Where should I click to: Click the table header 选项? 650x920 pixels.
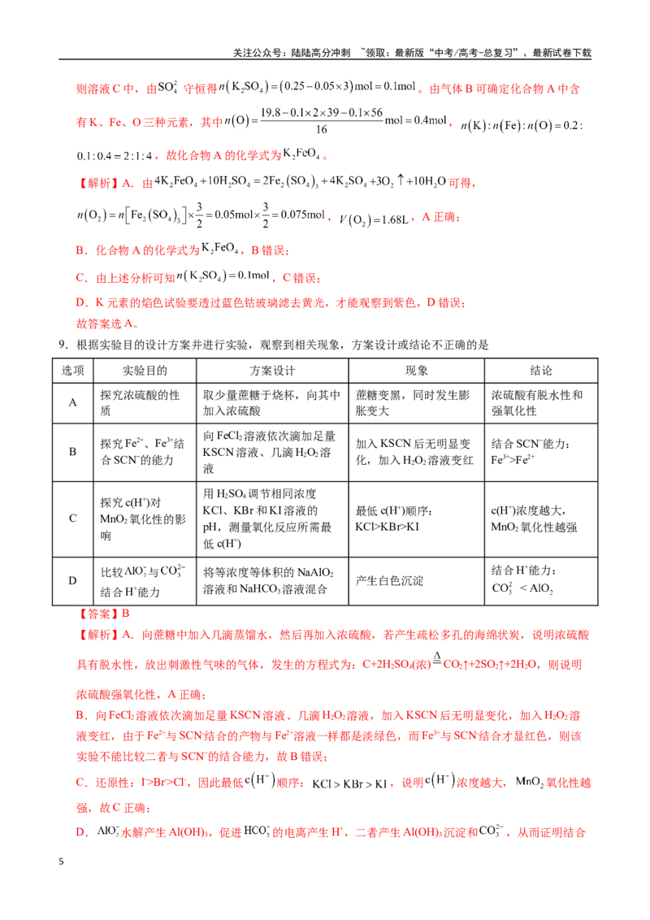[x=73, y=371]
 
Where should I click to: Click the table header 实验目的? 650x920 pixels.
[x=145, y=371]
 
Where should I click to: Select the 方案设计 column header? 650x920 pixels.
[x=272, y=371]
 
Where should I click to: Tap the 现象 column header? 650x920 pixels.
[x=417, y=371]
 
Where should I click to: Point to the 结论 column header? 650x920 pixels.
[x=541, y=371]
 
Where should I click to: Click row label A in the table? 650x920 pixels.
[x=73, y=402]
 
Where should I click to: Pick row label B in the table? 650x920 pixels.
[x=73, y=452]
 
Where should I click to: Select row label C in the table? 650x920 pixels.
[x=73, y=518]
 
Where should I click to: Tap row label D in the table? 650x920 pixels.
[x=73, y=580]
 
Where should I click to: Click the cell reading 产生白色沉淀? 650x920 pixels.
[x=389, y=580]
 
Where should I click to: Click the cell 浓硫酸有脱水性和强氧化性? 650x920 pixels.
[x=537, y=402]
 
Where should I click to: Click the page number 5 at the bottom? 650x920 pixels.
[x=61, y=861]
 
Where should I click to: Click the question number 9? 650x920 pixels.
[x=63, y=345]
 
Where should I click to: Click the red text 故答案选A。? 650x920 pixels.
[x=107, y=323]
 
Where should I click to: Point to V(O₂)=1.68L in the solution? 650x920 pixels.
[x=374, y=219]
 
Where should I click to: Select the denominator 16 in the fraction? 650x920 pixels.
[x=322, y=129]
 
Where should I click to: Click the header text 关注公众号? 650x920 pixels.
[x=256, y=53]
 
